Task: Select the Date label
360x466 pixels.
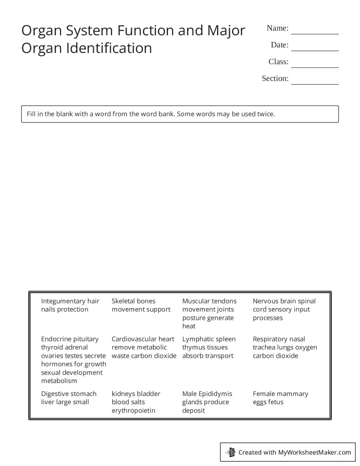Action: (x=279, y=45)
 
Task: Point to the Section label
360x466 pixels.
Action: (x=275, y=79)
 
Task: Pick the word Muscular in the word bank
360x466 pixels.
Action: (x=195, y=301)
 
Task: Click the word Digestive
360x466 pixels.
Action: (x=55, y=394)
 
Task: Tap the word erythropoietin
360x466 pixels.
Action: (x=133, y=410)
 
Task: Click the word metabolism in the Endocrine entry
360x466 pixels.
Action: (x=59, y=381)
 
